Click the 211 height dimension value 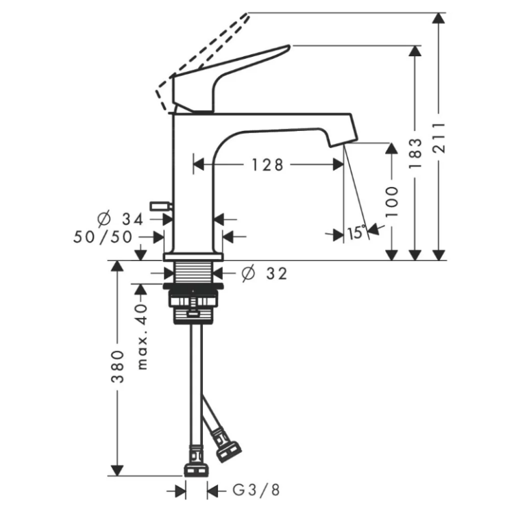439,138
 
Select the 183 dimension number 415,153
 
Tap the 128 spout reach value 267,165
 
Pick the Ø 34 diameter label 121,219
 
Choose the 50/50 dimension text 103,237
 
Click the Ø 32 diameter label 265,273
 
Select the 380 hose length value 118,367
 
